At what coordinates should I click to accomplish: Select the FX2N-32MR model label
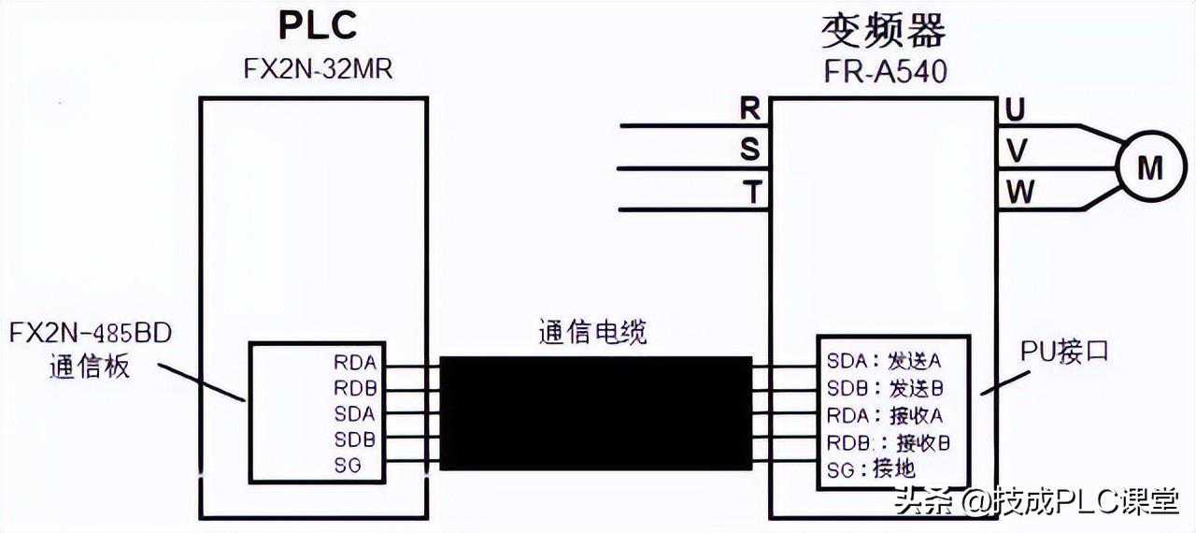[318, 71]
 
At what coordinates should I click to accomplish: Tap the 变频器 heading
[883, 30]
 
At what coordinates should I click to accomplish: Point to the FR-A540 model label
[884, 71]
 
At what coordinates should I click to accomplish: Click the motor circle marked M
[1149, 167]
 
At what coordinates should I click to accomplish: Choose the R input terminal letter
[749, 108]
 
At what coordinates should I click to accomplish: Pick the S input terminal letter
[749, 150]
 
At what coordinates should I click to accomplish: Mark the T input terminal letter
[750, 192]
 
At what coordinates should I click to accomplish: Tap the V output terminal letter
[1016, 150]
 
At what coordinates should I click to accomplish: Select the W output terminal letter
[1019, 192]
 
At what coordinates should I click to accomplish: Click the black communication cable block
[595, 412]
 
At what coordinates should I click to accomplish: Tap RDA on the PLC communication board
[353, 361]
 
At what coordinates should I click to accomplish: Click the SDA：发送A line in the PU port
[883, 361]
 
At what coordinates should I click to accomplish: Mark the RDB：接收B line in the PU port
[888, 441]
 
